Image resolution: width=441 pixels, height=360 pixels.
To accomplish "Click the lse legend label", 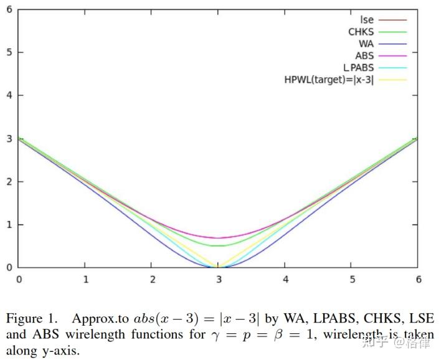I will [367, 20].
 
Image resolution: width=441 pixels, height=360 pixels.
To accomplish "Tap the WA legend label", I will [366, 44].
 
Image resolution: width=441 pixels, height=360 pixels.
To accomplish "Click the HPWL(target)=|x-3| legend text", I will [329, 79].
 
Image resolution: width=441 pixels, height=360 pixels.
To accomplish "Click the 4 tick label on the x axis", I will [285, 279].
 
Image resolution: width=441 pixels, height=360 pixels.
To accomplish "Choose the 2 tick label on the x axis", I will [151, 279].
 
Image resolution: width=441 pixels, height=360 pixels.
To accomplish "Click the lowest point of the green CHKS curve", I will [218, 245].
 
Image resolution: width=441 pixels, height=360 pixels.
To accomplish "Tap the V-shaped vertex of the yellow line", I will [218, 267].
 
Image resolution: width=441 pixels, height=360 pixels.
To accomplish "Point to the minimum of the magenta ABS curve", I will [218, 238].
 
